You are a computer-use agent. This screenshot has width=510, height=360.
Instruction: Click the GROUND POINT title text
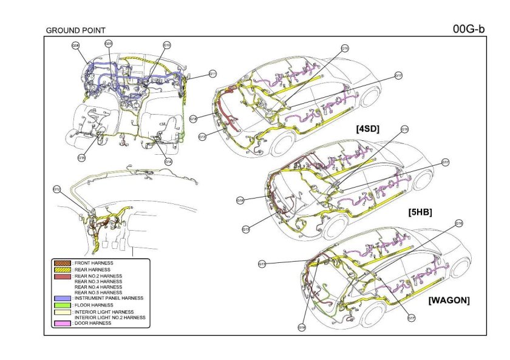pos(75,30)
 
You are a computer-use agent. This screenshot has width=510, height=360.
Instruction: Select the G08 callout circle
pos(76,45)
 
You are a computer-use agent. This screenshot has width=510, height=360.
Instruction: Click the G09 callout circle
pos(108,43)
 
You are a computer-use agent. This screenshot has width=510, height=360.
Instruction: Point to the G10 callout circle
pos(166,45)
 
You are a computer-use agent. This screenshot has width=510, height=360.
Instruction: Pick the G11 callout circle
pos(213,73)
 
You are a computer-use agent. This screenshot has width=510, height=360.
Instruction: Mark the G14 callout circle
pos(169,161)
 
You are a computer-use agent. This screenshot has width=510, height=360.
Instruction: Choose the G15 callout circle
pos(81,158)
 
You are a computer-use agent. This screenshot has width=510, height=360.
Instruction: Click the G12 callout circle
pos(56,189)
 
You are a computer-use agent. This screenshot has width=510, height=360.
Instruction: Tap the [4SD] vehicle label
pos(368,129)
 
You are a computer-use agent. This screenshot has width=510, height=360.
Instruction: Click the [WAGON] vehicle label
pos(449,300)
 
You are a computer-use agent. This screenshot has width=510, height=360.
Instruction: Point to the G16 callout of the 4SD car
pos(345,48)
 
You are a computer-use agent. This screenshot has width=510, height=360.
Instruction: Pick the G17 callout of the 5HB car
pos(445,162)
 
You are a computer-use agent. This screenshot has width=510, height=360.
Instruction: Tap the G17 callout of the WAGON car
pos(411,318)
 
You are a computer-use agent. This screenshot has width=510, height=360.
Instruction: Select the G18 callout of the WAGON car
pos(302,327)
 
